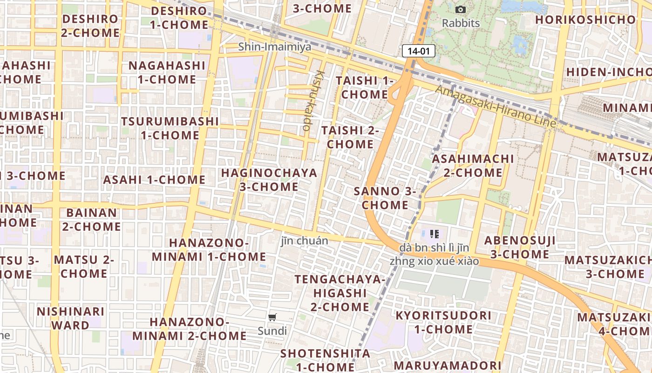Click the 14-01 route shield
[x=418, y=51]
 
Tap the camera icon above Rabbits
[x=460, y=9]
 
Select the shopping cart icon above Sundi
[x=272, y=318]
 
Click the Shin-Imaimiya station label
[x=275, y=47]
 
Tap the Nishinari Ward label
[x=70, y=318]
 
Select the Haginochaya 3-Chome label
[x=269, y=180]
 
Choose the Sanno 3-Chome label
[x=385, y=198]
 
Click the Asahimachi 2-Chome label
[x=473, y=166]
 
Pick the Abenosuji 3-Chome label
[x=520, y=247]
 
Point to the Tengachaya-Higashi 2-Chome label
[x=340, y=293]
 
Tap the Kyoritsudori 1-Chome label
[x=443, y=322]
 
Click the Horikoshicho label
[x=585, y=20]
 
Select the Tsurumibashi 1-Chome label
[x=170, y=128]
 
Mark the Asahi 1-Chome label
[x=154, y=180]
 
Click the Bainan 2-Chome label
[x=91, y=220]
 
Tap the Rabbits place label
[x=461, y=23]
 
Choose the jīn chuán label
[x=305, y=241]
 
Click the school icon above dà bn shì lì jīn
[x=435, y=234]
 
